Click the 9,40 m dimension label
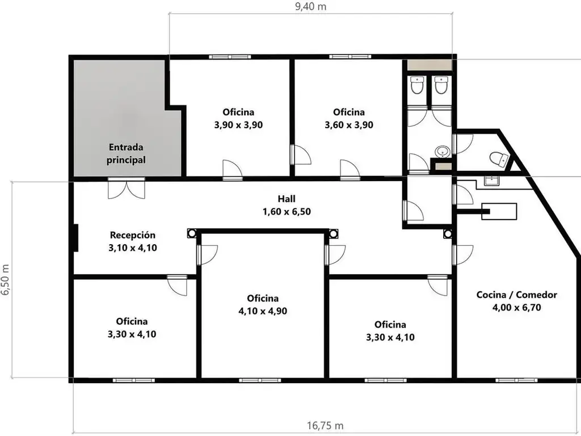(310, 7)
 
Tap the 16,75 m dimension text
(325, 425)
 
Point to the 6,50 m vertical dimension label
(5, 280)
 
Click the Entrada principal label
(126, 153)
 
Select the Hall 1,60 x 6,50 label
(287, 205)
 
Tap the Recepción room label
(133, 241)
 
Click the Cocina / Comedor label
(516, 301)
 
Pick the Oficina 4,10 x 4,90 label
(263, 305)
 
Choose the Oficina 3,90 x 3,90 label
(238, 119)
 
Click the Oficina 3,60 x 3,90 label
(349, 119)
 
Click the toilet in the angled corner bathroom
(499, 159)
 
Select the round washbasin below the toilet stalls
(443, 151)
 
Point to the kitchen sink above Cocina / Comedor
(491, 181)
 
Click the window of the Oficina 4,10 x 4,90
(260, 380)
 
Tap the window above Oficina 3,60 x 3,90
(350, 57)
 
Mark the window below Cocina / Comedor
(516, 380)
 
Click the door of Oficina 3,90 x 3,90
(232, 170)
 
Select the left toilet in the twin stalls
(418, 85)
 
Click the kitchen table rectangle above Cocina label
(499, 211)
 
